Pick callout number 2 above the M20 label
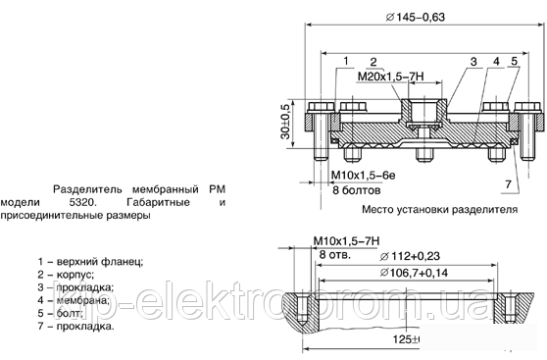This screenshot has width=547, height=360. [373, 62]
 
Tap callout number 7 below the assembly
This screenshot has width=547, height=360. [508, 183]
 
